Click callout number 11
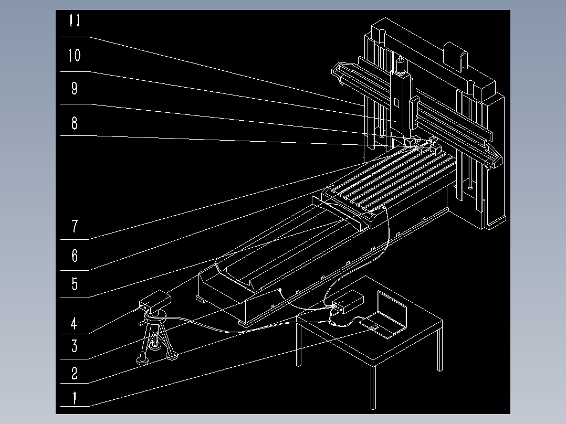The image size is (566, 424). coord(75,22)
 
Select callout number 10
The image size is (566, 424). coord(75,55)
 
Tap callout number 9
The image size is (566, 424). coord(75,89)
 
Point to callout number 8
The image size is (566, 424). coord(75,123)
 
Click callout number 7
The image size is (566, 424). coord(75,227)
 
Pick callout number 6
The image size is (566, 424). coord(75,256)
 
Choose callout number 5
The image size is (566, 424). coord(75,284)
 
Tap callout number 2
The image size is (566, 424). coord(75,374)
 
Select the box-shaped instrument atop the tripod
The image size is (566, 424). coord(155,301)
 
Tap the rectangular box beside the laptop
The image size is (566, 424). coord(348,302)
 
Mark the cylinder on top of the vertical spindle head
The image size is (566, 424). coord(401,66)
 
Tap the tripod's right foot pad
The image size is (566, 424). coord(171,357)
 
